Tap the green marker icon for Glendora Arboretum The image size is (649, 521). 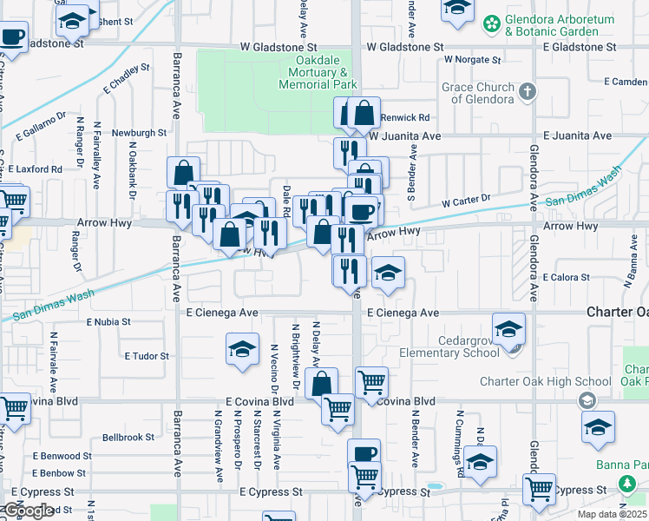point(492,21)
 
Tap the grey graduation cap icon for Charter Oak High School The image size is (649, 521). point(587,400)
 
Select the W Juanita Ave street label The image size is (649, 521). point(405,136)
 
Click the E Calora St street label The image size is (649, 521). point(566,278)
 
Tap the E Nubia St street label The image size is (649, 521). point(108,321)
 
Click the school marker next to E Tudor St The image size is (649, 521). point(242,349)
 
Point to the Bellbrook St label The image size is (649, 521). point(128,438)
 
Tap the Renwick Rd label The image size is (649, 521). point(411,117)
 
